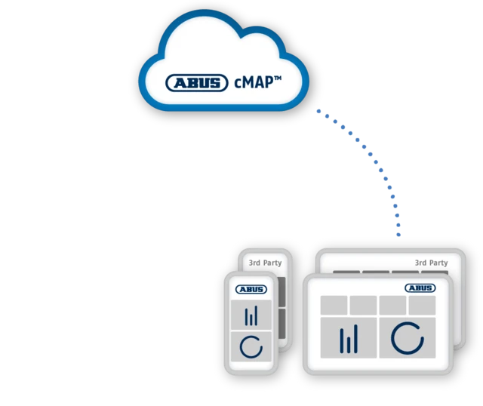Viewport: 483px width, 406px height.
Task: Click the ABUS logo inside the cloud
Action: [x=197, y=82]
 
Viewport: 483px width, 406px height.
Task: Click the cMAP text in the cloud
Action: [x=254, y=82]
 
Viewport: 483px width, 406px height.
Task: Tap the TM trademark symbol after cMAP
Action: [x=278, y=78]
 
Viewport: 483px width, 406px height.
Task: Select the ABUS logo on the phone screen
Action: [x=251, y=289]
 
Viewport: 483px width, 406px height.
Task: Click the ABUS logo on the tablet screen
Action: [x=420, y=288]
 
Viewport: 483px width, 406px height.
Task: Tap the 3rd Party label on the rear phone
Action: [x=265, y=263]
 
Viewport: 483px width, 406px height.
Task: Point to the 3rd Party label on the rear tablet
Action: [x=431, y=263]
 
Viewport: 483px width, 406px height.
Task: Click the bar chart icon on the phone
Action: [x=251, y=315]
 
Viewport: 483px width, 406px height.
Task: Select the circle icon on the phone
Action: [x=251, y=347]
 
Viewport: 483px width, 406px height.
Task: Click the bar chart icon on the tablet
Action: [x=349, y=339]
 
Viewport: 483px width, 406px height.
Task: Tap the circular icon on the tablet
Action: [x=408, y=338]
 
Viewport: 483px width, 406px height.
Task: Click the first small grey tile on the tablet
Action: [x=334, y=306]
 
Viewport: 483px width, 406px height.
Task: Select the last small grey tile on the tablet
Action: [x=422, y=306]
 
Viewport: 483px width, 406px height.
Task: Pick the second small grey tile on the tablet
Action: [x=363, y=306]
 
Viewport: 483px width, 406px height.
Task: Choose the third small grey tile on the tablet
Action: [x=392, y=306]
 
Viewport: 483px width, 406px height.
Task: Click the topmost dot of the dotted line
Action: [x=318, y=111]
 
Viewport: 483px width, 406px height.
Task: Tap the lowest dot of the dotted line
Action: [x=398, y=235]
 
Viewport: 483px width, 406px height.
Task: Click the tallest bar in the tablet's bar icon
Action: [x=356, y=339]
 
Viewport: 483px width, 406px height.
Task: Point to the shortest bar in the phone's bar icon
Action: [x=251, y=319]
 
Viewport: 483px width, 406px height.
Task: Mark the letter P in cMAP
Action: [x=269, y=82]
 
